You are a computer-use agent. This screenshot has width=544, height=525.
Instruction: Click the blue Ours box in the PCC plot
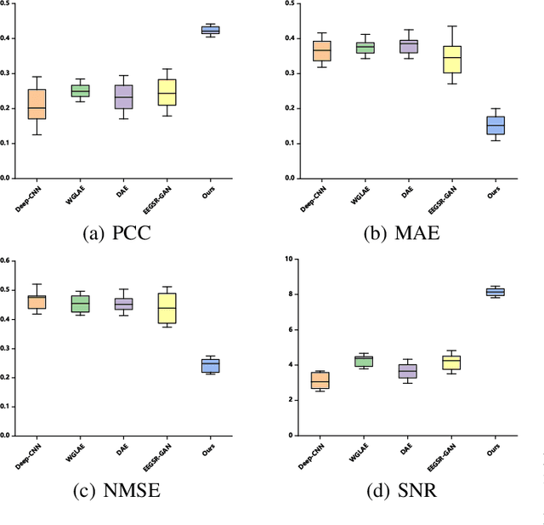[x=210, y=30]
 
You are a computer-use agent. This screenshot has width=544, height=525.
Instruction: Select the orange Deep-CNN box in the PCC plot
[x=37, y=104]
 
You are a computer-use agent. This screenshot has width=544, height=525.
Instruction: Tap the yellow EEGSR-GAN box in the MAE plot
[x=454, y=59]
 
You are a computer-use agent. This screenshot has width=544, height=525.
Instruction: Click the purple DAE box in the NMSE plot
[x=122, y=304]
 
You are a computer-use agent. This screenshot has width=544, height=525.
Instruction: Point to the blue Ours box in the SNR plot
[x=494, y=292]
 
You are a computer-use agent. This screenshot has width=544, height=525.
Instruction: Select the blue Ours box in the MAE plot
[x=494, y=125]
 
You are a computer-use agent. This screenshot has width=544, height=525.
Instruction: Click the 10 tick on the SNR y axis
[x=289, y=259]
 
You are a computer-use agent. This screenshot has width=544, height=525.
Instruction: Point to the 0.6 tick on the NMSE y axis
[x=6, y=260]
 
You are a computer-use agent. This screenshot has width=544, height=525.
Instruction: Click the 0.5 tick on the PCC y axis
[x=6, y=4]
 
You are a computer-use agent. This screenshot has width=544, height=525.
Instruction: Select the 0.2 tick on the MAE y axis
[x=291, y=108]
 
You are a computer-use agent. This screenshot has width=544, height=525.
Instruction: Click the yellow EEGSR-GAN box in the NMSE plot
[x=167, y=308]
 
